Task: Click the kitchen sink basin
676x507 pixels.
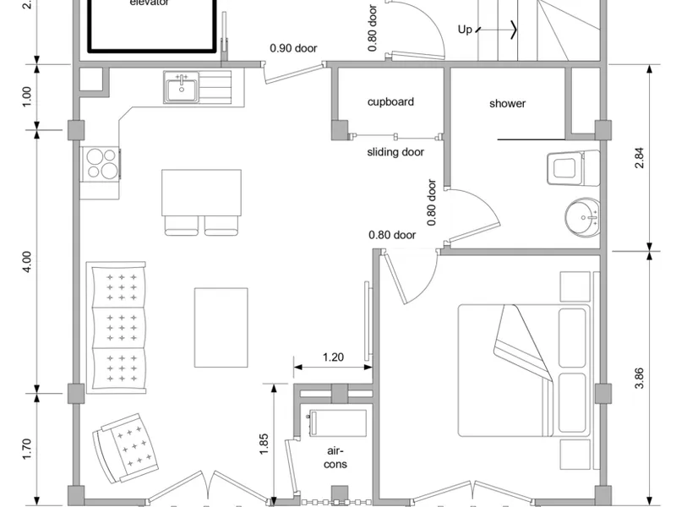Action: pos(182,88)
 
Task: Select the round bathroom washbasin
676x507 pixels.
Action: pos(582,218)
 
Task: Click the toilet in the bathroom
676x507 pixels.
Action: pos(574,167)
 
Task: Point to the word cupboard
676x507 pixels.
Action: pos(390,102)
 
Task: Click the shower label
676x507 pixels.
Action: pos(508,103)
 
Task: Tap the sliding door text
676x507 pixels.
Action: pos(395,152)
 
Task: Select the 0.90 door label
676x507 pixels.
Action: pos(293,48)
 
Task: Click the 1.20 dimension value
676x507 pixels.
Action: pos(333,357)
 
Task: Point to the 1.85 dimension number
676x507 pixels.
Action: pos(264,444)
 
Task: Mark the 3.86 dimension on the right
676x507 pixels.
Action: pos(639,378)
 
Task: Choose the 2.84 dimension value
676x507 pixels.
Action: pos(639,158)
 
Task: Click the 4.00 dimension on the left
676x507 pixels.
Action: pos(27,262)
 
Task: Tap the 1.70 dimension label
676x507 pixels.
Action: pos(27,449)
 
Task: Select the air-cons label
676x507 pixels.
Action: pos(335,457)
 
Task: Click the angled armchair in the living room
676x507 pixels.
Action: pos(125,449)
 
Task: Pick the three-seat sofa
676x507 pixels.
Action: pos(116,327)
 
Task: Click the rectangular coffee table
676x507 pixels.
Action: pos(221,328)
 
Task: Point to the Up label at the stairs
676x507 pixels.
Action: pos(465,30)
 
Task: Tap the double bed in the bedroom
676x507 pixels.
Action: pos(524,370)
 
